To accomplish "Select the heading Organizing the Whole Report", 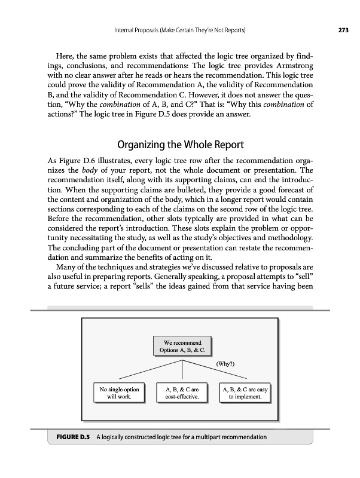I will point(179,145).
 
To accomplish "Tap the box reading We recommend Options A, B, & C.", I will point(180,346).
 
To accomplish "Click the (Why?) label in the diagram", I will point(225,363).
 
